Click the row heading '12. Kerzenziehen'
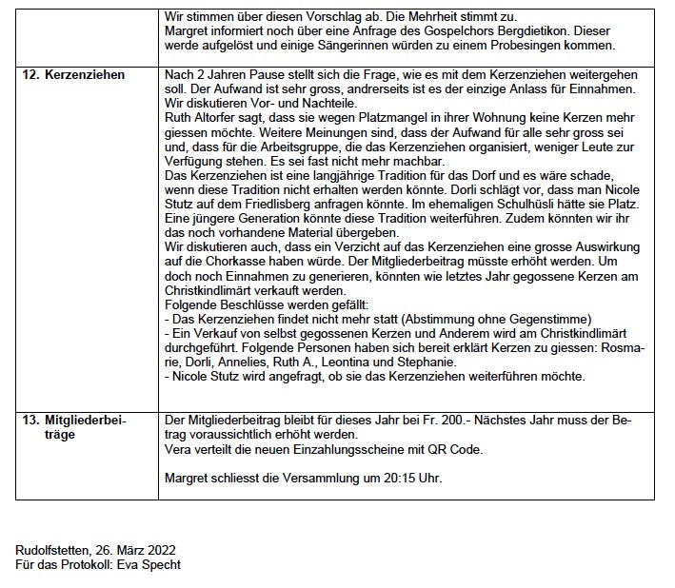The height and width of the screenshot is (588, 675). pyautogui.click(x=72, y=74)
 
